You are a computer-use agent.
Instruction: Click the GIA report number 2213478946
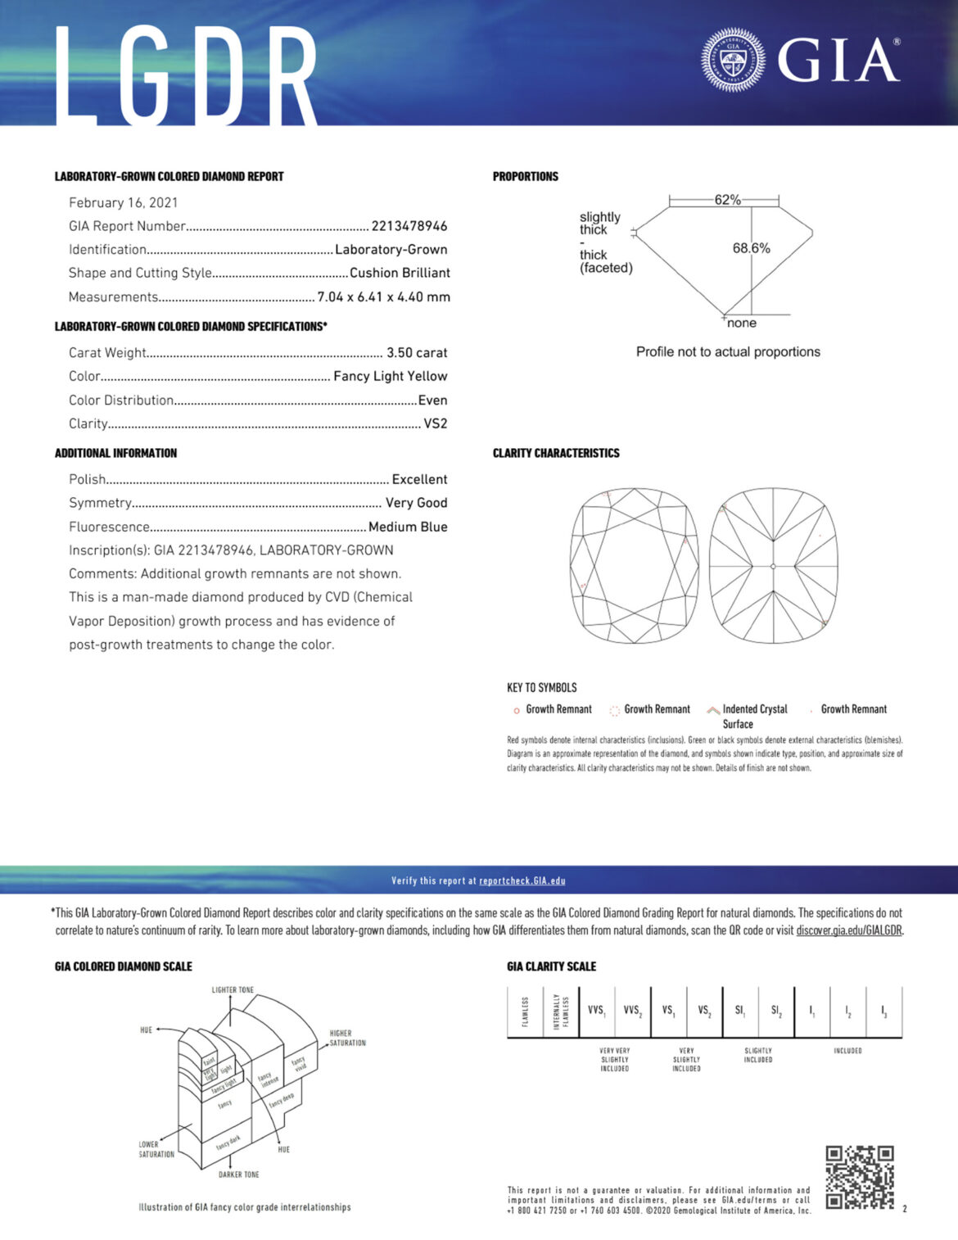click(x=409, y=226)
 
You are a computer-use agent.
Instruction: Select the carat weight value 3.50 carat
click(x=417, y=353)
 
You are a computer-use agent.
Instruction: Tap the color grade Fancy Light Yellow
click(x=390, y=377)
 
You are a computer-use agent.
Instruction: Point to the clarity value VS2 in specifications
click(x=435, y=424)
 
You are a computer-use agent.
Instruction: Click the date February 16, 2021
click(x=123, y=203)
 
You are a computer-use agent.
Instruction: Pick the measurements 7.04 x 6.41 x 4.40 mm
click(x=383, y=297)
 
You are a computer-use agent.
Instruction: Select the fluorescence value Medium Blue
click(x=408, y=527)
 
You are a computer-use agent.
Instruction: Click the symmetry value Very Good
click(x=416, y=503)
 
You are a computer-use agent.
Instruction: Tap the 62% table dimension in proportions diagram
click(x=727, y=200)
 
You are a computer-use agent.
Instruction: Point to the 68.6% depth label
click(x=751, y=248)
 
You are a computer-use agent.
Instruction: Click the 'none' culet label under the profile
click(x=741, y=324)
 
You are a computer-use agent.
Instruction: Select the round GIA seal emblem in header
click(x=733, y=60)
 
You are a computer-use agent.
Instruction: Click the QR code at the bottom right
click(x=859, y=1178)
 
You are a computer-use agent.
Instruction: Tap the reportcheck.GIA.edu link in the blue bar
click(x=522, y=881)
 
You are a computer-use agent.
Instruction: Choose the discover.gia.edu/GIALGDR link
click(x=849, y=930)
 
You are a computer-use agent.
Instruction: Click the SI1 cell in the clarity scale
click(x=740, y=1011)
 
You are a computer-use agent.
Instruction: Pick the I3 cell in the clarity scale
click(x=883, y=1011)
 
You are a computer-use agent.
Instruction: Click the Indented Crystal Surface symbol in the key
click(x=713, y=710)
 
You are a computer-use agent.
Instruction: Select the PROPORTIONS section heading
click(x=525, y=177)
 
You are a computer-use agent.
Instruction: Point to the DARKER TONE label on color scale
click(x=238, y=1174)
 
